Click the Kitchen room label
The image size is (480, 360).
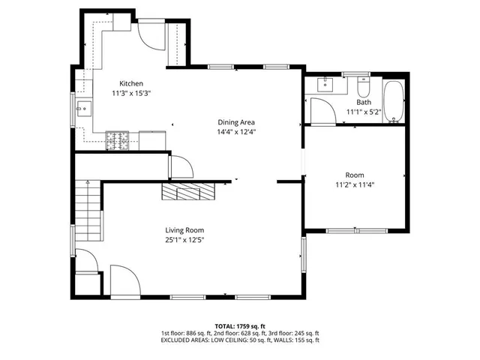pos(131,83)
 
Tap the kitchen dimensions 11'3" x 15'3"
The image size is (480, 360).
pos(131,93)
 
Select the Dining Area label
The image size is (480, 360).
pos(236,122)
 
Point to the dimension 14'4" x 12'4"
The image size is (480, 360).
pos(236,132)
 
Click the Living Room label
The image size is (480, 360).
pos(184,230)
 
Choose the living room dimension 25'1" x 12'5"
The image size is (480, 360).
pos(184,240)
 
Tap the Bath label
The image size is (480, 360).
pos(364,102)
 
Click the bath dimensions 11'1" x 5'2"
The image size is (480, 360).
pos(364,112)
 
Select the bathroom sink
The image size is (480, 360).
pos(325,83)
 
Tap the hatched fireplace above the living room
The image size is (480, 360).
pos(189,191)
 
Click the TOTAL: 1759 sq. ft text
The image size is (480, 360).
pos(240,325)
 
